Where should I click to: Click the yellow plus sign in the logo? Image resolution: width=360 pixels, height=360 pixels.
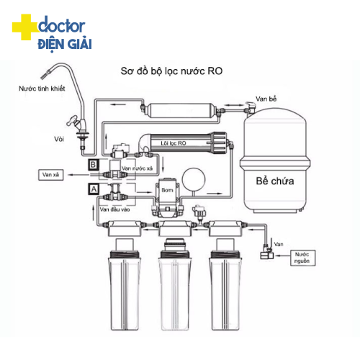(22, 29)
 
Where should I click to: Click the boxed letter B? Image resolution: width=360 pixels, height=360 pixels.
(93, 165)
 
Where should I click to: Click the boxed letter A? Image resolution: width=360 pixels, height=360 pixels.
(93, 188)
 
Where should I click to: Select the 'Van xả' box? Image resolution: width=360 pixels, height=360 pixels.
(51, 174)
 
